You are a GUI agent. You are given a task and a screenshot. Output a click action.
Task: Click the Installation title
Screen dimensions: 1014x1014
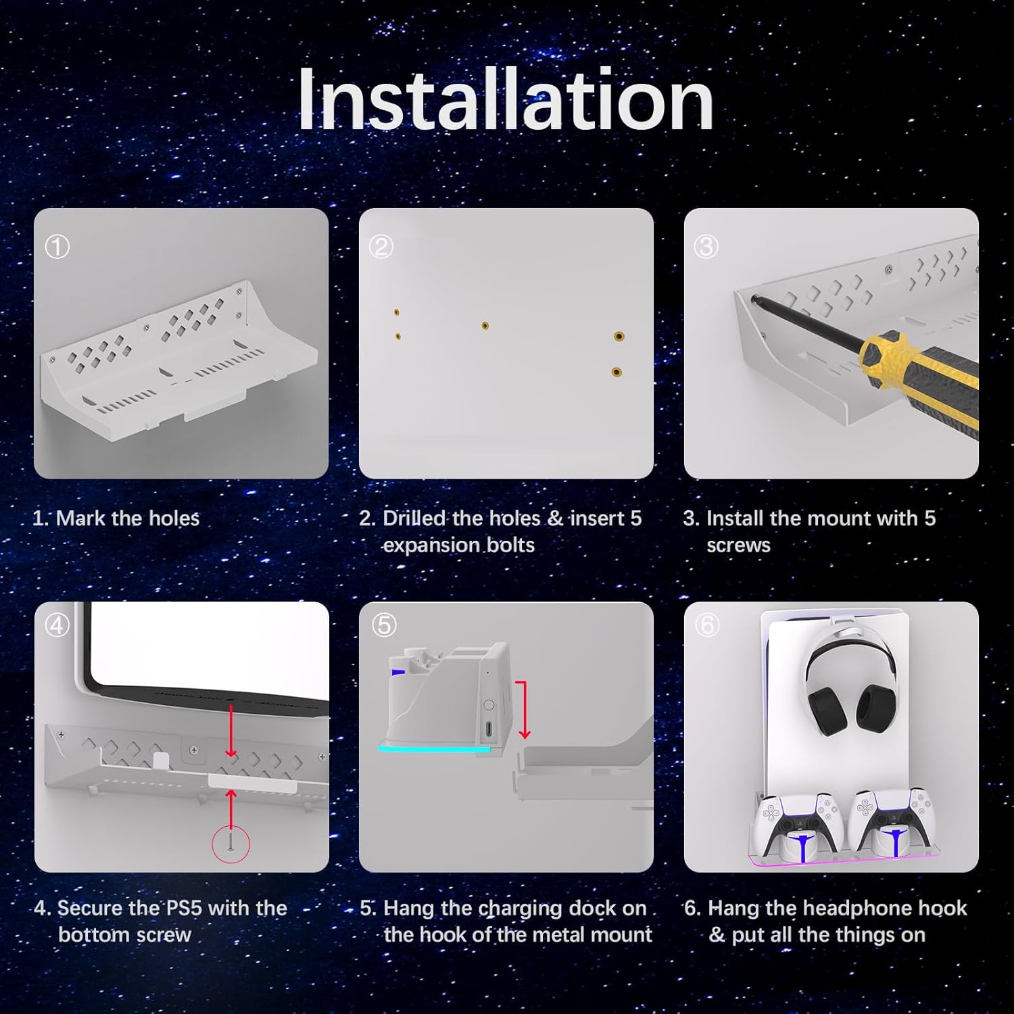pyautogui.click(x=506, y=100)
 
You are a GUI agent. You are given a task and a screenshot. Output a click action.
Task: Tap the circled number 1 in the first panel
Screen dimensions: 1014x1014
pyautogui.click(x=57, y=247)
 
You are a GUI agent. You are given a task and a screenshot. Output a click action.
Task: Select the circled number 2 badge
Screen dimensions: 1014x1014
pyautogui.click(x=381, y=247)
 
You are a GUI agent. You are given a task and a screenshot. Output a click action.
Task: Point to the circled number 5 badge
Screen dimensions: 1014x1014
pyautogui.click(x=384, y=625)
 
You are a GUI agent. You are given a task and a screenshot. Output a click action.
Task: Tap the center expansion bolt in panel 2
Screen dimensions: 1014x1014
pyautogui.click(x=485, y=326)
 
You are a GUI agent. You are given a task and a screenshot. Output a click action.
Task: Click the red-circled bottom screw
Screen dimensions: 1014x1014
pyautogui.click(x=231, y=843)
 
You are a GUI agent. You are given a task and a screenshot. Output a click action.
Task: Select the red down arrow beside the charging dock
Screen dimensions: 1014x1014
pyautogui.click(x=523, y=710)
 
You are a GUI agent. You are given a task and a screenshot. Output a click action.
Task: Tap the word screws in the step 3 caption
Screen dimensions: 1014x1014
pyautogui.click(x=738, y=545)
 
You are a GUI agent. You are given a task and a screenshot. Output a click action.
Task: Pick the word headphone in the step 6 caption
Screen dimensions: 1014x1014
pyautogui.click(x=848, y=908)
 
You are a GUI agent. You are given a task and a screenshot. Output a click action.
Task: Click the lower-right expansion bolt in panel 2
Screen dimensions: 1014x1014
pyautogui.click(x=617, y=372)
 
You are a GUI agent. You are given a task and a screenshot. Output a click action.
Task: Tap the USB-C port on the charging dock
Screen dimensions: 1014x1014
pyautogui.click(x=489, y=729)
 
